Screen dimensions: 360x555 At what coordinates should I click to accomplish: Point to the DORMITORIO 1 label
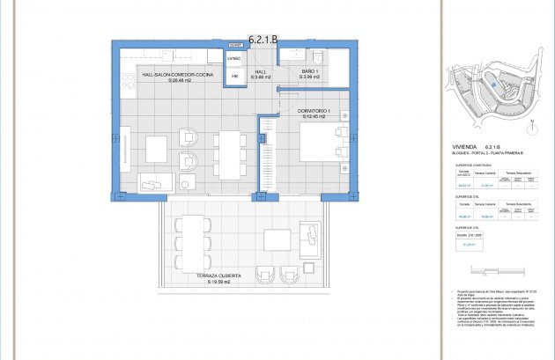click(314, 111)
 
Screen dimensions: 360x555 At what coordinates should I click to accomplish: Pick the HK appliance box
click(234, 77)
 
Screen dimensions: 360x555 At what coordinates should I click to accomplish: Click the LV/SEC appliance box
click(234, 58)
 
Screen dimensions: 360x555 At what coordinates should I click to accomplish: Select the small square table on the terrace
click(277, 240)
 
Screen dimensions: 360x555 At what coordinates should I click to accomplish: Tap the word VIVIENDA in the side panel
click(464, 146)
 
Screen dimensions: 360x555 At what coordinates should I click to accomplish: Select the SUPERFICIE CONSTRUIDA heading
click(470, 164)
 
